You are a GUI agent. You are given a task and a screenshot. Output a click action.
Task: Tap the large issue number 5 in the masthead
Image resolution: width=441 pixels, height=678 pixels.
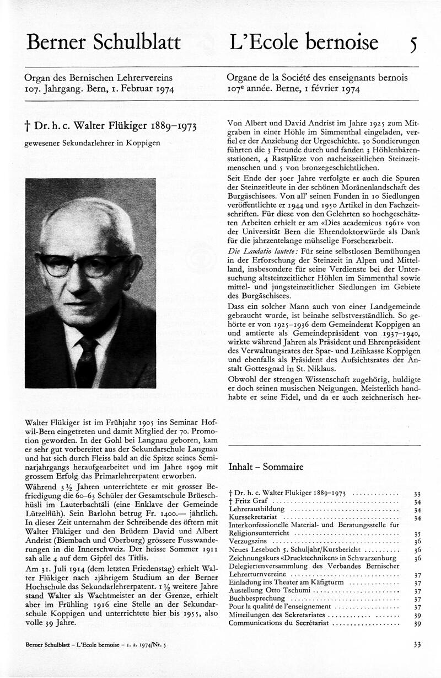click(x=413, y=44)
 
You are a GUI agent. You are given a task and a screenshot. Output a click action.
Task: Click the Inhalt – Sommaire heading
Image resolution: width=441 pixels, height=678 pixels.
click(x=266, y=467)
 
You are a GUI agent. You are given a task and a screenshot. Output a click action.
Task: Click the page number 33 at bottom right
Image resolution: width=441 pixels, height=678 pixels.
click(x=416, y=644)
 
